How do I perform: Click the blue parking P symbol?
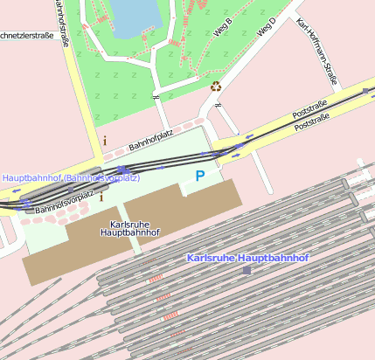(200, 177)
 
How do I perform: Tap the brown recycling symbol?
(216, 86)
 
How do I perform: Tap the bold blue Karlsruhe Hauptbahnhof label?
(248, 259)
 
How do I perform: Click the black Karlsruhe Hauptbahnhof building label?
(130, 229)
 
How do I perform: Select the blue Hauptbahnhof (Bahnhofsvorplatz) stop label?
(71, 178)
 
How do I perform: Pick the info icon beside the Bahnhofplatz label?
(105, 140)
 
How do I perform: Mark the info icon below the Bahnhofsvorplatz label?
(101, 197)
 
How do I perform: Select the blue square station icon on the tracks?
(247, 271)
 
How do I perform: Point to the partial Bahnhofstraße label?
(59, 22)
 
